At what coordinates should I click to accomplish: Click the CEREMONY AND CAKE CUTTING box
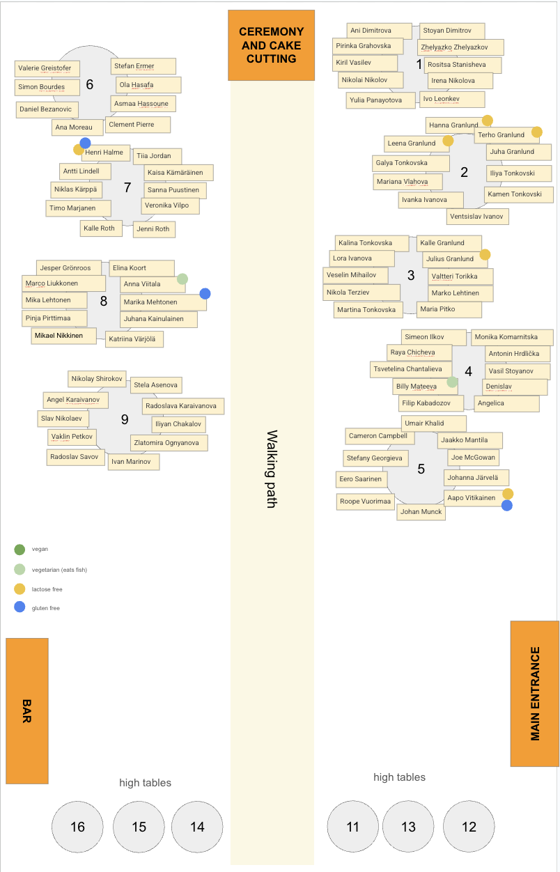tap(271, 45)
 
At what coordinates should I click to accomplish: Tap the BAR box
tap(27, 711)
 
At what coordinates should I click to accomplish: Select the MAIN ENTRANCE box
tap(535, 693)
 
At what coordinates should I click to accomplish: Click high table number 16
tap(77, 827)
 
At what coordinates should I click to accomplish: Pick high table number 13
tap(408, 827)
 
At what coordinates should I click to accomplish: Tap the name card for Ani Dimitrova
tap(380, 31)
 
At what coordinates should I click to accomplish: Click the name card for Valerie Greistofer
tap(47, 68)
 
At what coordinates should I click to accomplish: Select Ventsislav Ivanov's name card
tap(477, 217)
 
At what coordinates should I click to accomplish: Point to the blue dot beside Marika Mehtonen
tap(205, 293)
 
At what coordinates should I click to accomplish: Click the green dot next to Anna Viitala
tap(182, 279)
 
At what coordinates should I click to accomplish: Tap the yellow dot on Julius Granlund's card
tap(485, 255)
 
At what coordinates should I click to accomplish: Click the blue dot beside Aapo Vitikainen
tap(506, 505)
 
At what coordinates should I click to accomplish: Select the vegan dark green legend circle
tap(20, 550)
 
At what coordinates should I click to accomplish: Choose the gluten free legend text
tap(45, 608)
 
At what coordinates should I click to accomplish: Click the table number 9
tap(125, 419)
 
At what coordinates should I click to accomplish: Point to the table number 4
tap(469, 371)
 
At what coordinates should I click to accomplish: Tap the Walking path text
tap(272, 469)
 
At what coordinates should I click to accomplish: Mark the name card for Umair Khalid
tap(433, 423)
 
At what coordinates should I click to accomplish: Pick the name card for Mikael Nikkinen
tap(63, 336)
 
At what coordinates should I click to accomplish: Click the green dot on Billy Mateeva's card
tap(452, 382)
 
